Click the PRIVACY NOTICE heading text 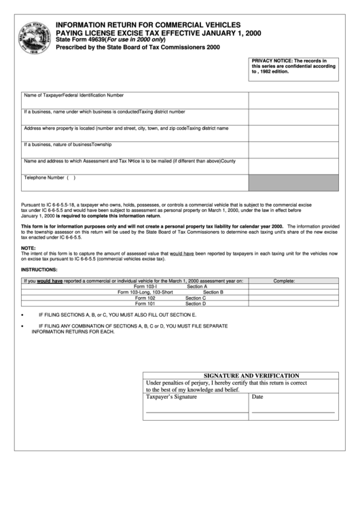pos(272,61)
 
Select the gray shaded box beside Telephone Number pos(293,182)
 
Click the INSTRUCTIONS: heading pos(39,270)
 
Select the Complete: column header pos(284,280)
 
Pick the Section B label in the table pos(213,292)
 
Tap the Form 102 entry pos(145,298)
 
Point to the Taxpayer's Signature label pos(171,397)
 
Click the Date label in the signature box pos(257,397)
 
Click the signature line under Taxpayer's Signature pos(196,412)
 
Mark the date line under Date pos(293,412)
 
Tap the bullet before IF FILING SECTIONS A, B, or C pos(22,316)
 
